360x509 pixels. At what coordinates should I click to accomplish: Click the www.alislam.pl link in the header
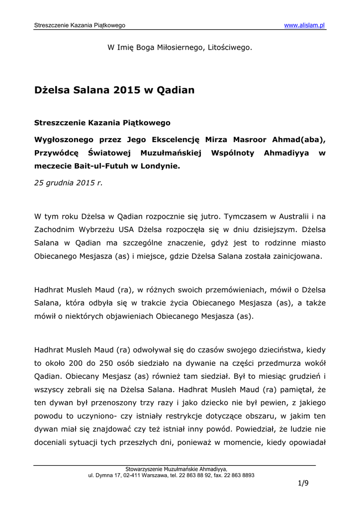pos(305,25)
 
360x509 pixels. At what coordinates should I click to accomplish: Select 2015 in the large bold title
pos(127,90)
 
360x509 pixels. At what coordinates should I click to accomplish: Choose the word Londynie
pos(160,167)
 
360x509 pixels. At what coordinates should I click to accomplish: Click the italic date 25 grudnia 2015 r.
pos(68,182)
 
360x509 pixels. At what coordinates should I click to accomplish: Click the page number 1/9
pos(303,483)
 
